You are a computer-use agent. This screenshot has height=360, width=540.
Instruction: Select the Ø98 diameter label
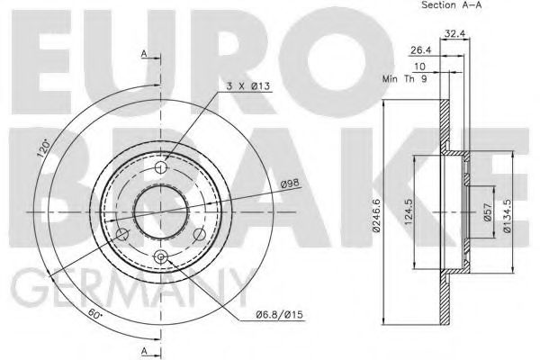click(290, 184)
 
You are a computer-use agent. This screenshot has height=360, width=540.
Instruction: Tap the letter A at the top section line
click(144, 54)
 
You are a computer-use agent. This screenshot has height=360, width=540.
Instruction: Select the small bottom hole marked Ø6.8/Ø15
click(162, 259)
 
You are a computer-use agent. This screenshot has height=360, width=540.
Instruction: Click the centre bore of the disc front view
click(161, 212)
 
